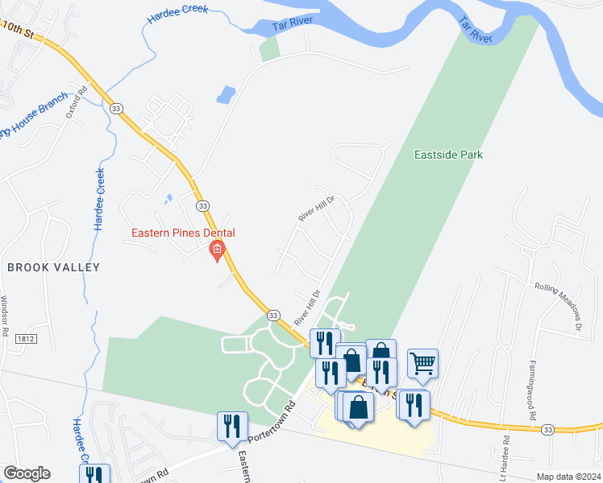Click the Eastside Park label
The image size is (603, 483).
[448, 155]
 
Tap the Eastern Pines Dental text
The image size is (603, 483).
[184, 233]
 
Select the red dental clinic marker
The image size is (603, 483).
[216, 253]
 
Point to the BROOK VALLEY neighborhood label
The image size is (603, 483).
[53, 267]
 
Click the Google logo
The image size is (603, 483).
[26, 473]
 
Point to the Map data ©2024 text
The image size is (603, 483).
[568, 477]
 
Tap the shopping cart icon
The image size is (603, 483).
[422, 364]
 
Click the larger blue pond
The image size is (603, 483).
[226, 95]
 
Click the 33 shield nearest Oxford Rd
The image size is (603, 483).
[117, 109]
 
